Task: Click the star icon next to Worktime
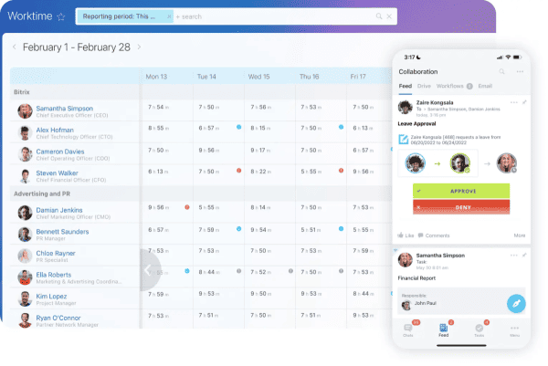60,16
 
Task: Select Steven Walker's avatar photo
25,174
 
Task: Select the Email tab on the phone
485,86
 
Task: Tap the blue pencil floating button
516,303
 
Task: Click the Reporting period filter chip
124,16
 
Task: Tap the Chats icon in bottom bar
408,329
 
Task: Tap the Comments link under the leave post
437,235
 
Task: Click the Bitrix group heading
24,92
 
